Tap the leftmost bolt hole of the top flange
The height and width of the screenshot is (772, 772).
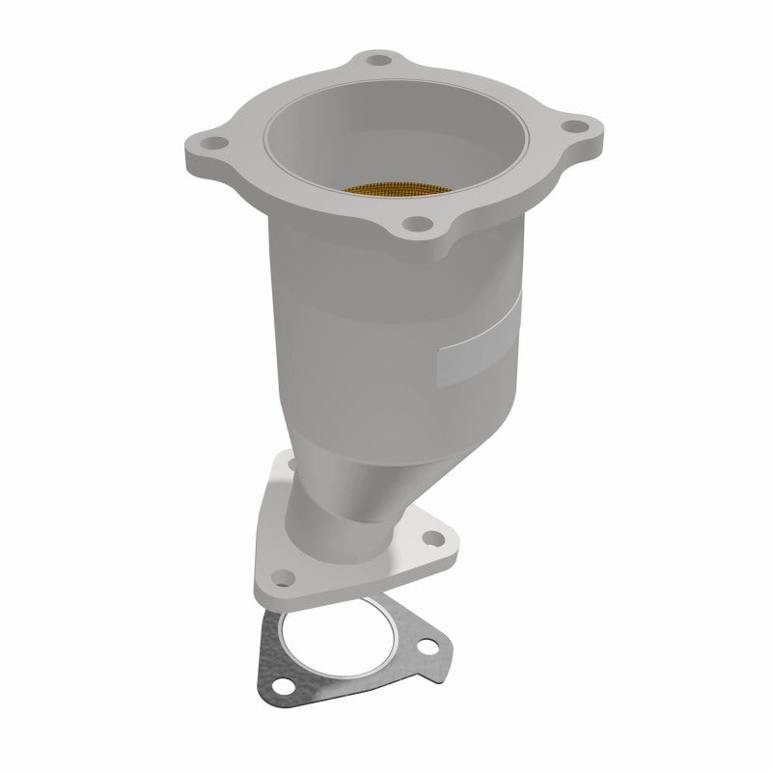click(214, 145)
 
